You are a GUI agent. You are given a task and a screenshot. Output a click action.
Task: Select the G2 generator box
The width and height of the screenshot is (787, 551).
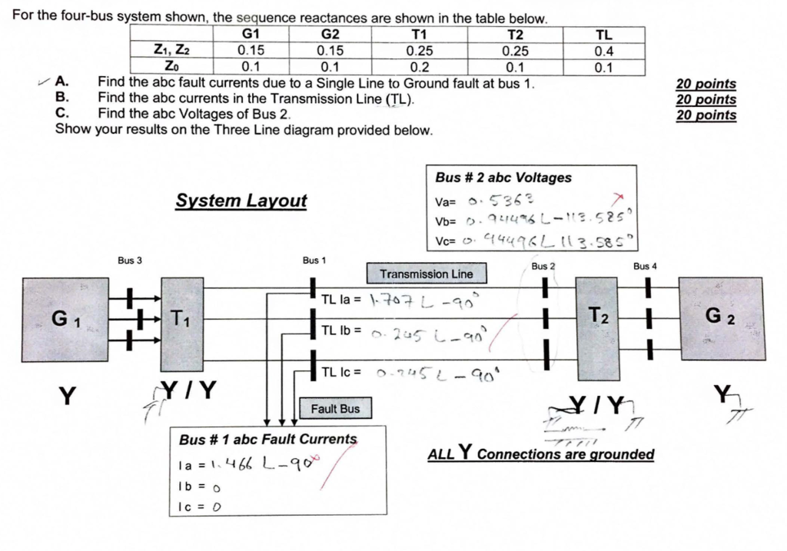pos(722,318)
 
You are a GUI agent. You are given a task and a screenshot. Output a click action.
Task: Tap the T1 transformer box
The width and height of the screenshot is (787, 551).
pos(182,324)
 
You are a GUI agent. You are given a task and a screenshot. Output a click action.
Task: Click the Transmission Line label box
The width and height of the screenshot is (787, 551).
pos(427,274)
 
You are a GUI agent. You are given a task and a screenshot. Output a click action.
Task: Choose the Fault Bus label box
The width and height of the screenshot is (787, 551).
pos(335,409)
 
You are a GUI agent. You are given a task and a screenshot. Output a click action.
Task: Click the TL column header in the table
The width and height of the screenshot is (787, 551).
pos(604,35)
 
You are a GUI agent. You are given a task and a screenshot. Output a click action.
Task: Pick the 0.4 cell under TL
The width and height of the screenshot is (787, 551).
pos(604,51)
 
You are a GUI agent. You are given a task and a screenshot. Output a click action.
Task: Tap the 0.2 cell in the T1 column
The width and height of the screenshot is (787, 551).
pos(419,66)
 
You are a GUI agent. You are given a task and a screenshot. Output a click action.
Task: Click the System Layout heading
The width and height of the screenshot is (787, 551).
pos(241,201)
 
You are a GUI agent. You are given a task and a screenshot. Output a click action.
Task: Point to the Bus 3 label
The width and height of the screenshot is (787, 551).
pos(129,261)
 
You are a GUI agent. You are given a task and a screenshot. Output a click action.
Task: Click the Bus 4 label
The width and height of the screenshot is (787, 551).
pos(646,266)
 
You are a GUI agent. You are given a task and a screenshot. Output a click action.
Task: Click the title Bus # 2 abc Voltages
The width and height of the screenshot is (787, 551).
pos(503,178)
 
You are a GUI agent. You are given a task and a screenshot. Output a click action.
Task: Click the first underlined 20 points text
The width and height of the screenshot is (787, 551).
pos(706,84)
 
